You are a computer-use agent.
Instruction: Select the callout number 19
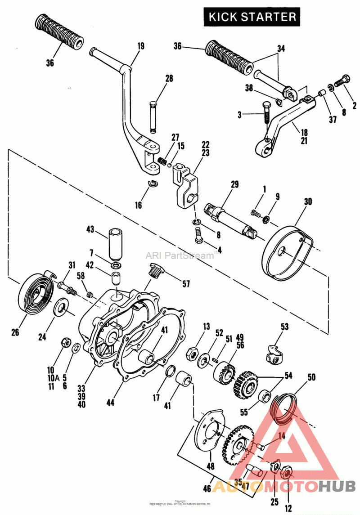(x=141, y=45)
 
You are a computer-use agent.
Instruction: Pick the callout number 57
(x=186, y=284)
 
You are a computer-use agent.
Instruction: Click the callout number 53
(x=284, y=326)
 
